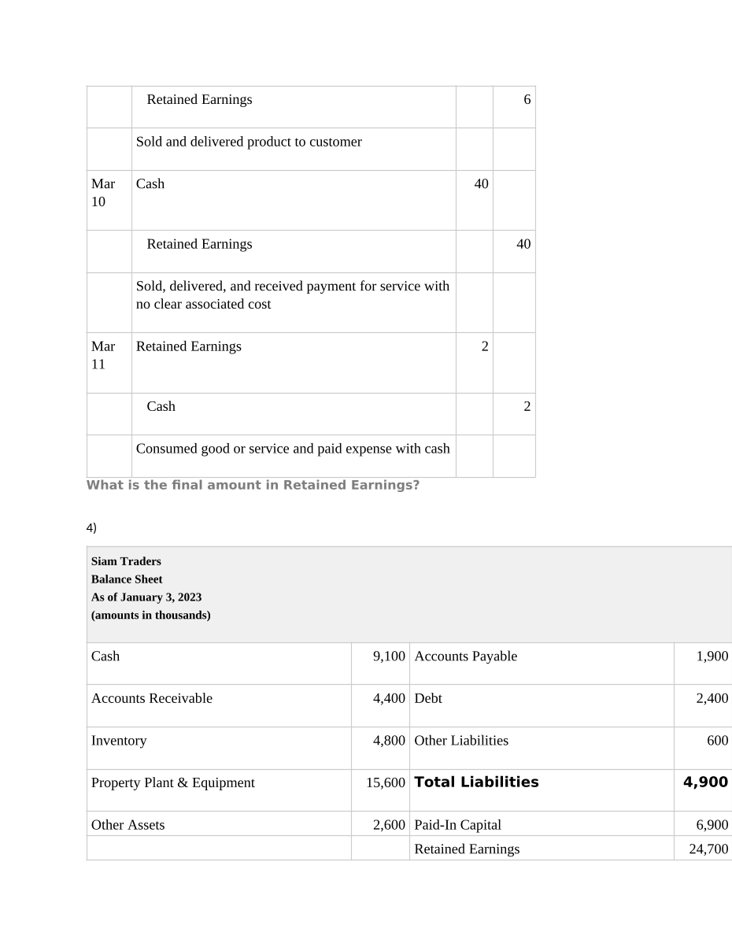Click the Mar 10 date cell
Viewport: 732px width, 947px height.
103,193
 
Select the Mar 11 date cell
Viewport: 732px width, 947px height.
103,355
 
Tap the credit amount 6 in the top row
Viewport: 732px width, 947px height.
527,100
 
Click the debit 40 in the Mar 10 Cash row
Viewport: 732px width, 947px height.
481,184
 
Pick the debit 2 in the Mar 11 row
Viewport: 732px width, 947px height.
485,346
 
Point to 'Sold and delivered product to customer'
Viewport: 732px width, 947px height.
249,142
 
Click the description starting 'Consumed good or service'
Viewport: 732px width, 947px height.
293,449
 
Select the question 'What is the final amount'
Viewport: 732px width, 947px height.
253,486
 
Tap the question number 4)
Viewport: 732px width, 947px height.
91,527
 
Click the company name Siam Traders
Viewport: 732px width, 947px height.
126,561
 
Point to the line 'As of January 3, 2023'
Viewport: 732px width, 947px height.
146,597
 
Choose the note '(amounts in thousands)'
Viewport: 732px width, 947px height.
151,616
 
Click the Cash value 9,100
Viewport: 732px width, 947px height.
389,657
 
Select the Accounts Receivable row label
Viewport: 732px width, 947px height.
152,699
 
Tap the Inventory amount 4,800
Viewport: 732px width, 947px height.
389,741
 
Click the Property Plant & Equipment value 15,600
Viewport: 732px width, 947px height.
386,783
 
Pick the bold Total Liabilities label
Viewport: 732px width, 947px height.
476,782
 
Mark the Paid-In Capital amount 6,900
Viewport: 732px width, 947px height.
712,825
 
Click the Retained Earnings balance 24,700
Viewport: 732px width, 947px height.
708,849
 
